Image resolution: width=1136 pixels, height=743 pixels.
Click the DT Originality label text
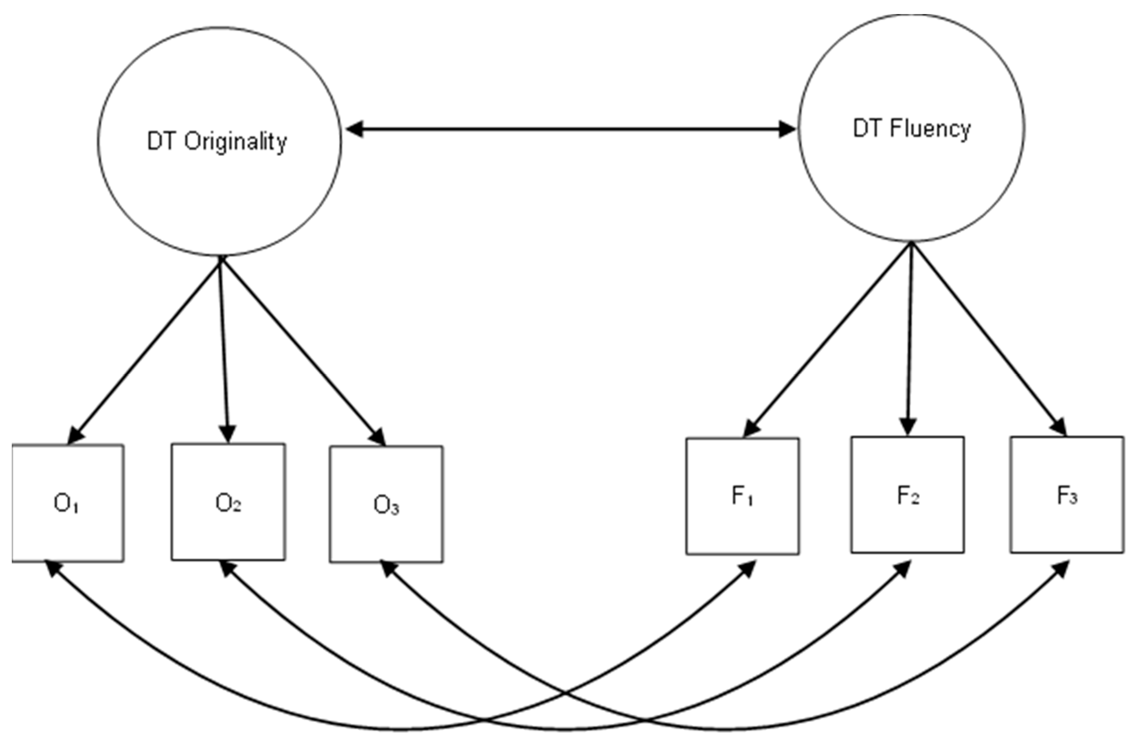coord(217,142)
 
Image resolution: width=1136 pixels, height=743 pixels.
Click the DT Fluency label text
coord(912,129)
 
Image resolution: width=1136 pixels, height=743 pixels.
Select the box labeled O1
coord(67,503)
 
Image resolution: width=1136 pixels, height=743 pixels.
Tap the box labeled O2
coord(228,502)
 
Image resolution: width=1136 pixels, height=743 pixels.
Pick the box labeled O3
coord(386,505)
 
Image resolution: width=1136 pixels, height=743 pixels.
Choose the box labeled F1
coord(742,496)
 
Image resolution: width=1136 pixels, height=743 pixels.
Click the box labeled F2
coord(907,495)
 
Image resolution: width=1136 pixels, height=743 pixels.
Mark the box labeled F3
coord(1067,495)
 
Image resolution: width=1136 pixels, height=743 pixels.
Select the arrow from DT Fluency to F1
coord(828,339)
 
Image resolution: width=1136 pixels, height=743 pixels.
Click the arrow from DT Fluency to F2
coord(910,339)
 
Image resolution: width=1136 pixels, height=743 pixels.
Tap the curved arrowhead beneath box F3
coord(1062,568)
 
